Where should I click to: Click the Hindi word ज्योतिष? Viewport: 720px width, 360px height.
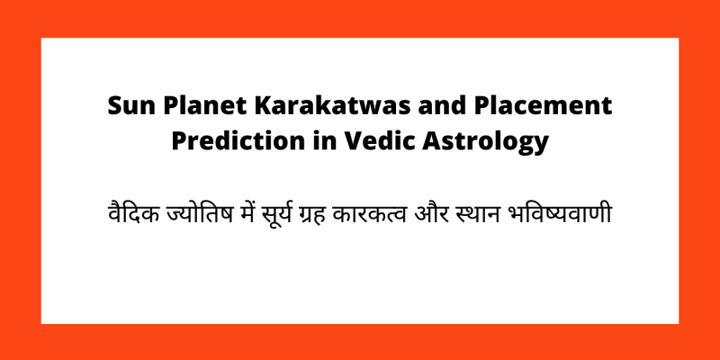pyautogui.click(x=195, y=217)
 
